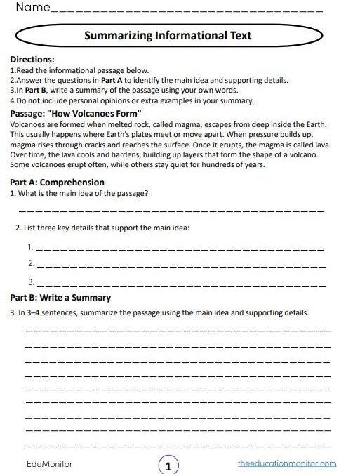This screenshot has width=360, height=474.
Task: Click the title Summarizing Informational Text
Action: [x=167, y=35]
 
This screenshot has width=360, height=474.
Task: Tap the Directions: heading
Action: [x=32, y=60]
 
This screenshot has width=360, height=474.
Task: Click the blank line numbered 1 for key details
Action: [x=179, y=249]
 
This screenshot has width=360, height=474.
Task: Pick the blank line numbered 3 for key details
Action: [x=179, y=284]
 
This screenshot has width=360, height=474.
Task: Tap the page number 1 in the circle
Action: [x=168, y=465]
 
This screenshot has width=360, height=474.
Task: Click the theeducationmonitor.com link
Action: [x=287, y=463]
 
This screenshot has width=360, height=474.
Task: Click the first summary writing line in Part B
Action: [x=178, y=330]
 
